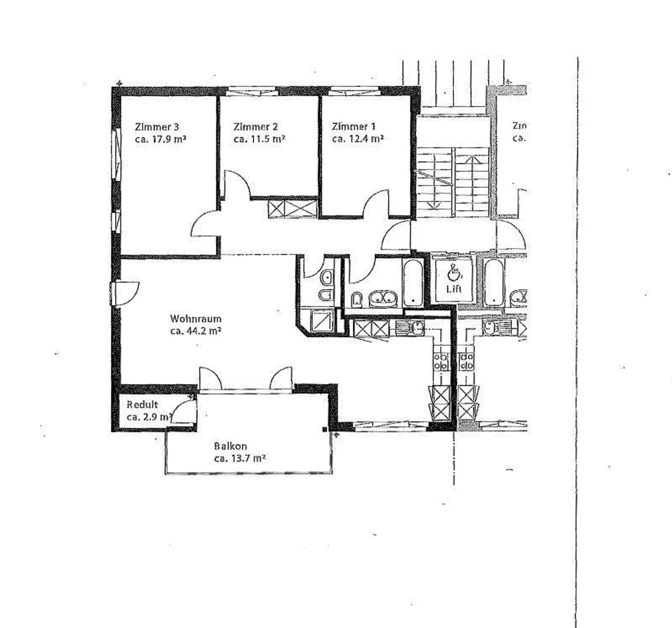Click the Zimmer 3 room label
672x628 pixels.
156,127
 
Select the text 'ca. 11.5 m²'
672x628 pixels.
259,139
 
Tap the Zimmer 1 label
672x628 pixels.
353,127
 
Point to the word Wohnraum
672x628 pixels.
195,319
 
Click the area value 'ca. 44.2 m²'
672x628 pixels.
195,331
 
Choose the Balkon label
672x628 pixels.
230,446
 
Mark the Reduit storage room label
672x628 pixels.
142,405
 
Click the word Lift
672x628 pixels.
454,289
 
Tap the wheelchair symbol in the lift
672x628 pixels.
453,273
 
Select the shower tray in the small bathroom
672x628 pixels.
322,321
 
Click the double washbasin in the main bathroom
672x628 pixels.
383,298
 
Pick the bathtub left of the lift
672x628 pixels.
413,282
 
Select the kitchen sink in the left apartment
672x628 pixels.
410,328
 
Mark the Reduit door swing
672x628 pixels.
184,411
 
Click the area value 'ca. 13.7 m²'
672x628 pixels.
239,459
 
